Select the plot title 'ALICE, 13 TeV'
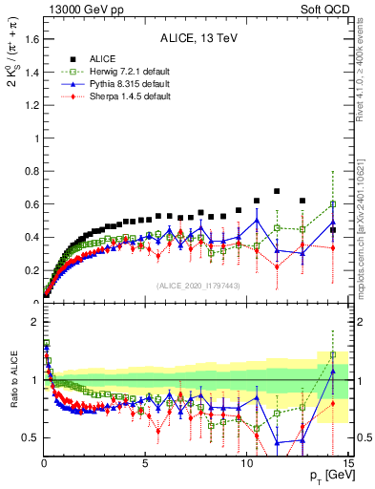click(197, 39)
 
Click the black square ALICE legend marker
click(73, 57)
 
